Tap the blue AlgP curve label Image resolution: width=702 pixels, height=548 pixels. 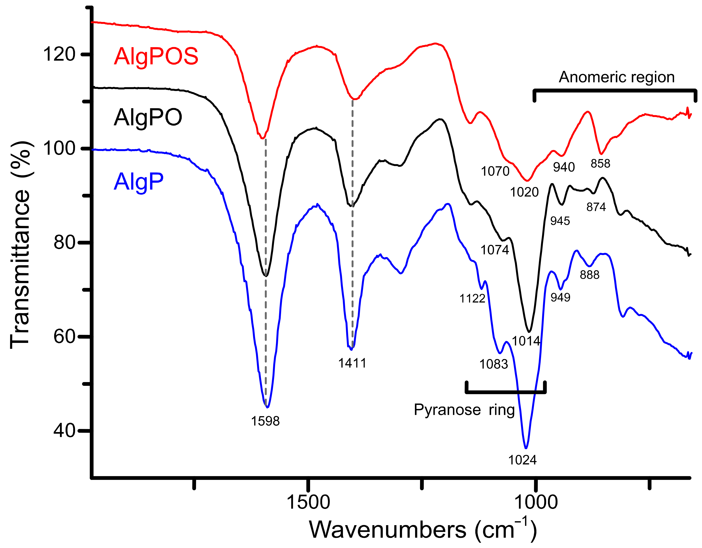pyautogui.click(x=138, y=182)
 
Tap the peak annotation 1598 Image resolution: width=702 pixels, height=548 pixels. pyautogui.click(x=265, y=421)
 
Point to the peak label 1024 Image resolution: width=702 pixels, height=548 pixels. pyautogui.click(x=522, y=460)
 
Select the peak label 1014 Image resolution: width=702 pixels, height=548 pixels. pyautogui.click(x=526, y=341)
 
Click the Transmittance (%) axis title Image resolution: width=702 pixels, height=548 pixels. pyautogui.click(x=21, y=244)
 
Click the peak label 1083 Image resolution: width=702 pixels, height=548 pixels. pyautogui.click(x=493, y=364)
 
